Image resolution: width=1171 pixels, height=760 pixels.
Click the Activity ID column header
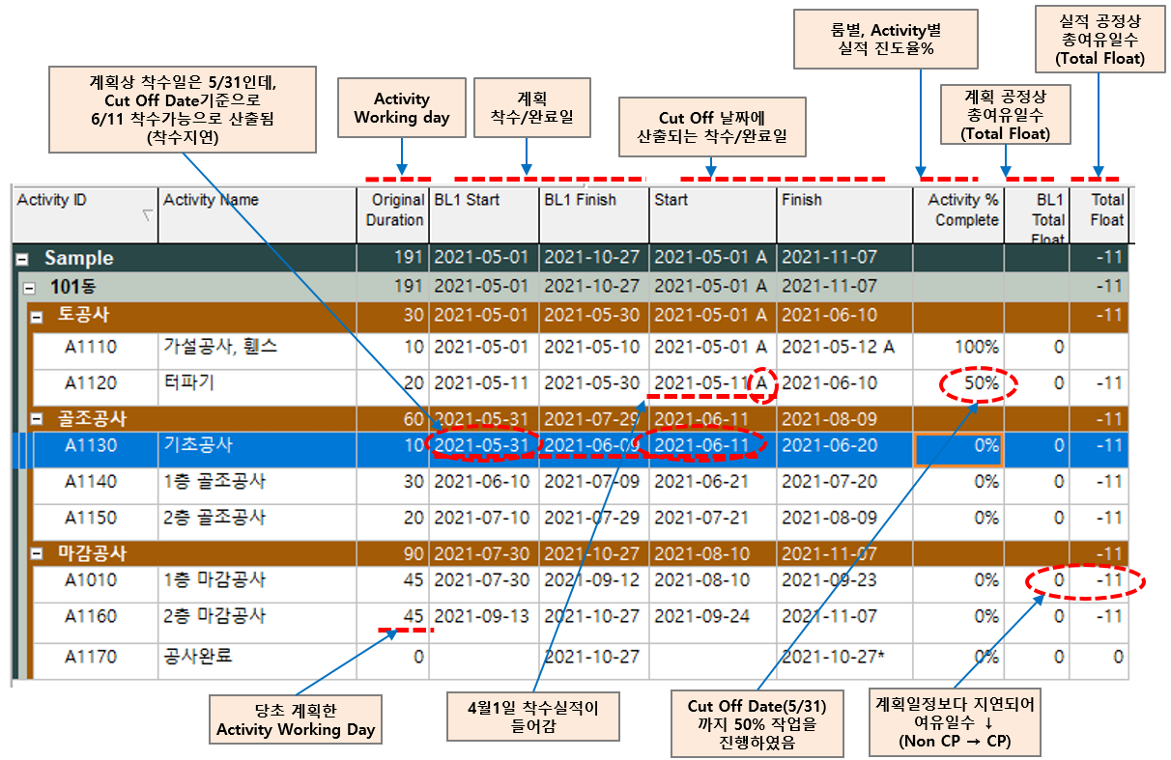coord(52,200)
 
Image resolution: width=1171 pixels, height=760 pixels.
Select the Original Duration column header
coord(394,210)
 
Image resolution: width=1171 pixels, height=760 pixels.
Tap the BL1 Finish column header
coord(579,200)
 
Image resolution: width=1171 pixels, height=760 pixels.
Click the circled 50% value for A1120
coord(980,383)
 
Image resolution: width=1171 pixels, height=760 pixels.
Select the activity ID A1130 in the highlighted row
coord(91,446)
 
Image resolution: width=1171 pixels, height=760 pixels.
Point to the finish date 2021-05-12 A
coord(837,347)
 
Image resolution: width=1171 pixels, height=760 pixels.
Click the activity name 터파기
coord(189,383)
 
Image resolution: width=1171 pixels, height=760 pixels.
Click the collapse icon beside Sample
coord(21,259)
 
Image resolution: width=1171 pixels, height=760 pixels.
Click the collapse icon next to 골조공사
coord(37,419)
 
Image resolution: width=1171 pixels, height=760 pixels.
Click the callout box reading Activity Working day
coord(401,108)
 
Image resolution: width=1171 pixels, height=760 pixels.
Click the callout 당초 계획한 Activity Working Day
coord(296,720)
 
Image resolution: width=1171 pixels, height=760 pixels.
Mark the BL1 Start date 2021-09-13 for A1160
coord(481,616)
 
